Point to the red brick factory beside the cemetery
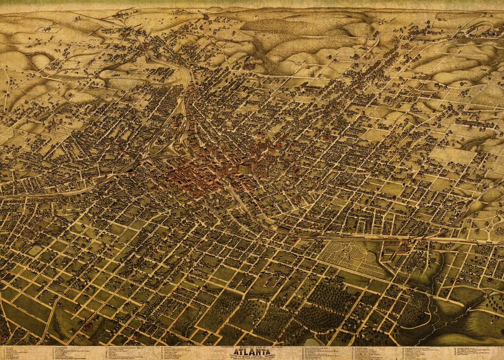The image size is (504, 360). coord(402,246)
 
